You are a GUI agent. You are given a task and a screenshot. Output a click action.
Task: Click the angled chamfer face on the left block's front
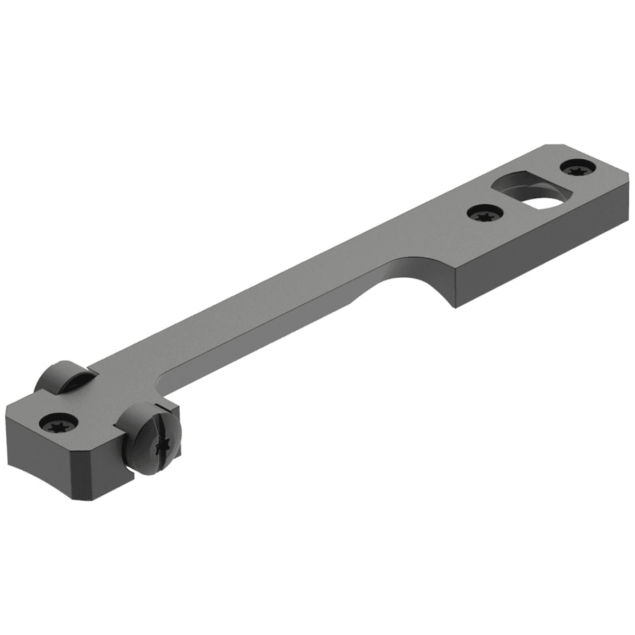(x=108, y=466)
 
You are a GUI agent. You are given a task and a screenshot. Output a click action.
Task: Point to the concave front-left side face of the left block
(x=42, y=466)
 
